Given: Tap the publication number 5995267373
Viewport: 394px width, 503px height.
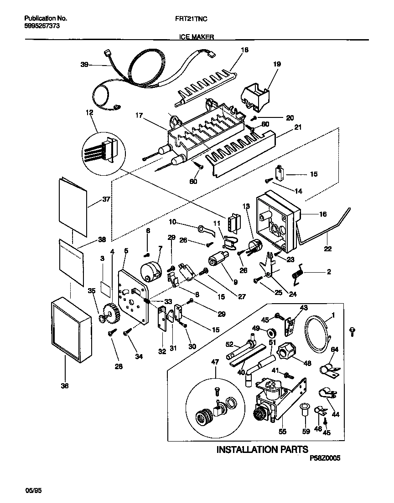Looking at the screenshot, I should coord(41,26).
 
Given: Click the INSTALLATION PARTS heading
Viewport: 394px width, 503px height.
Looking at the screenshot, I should coord(262,450).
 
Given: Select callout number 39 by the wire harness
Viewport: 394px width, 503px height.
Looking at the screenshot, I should coord(84,65).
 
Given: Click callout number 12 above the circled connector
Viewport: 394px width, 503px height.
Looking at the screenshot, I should coord(89,112).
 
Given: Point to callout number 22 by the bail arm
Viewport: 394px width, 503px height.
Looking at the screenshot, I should coord(329,249).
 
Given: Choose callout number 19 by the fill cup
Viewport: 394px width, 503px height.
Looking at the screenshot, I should coord(277,65).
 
